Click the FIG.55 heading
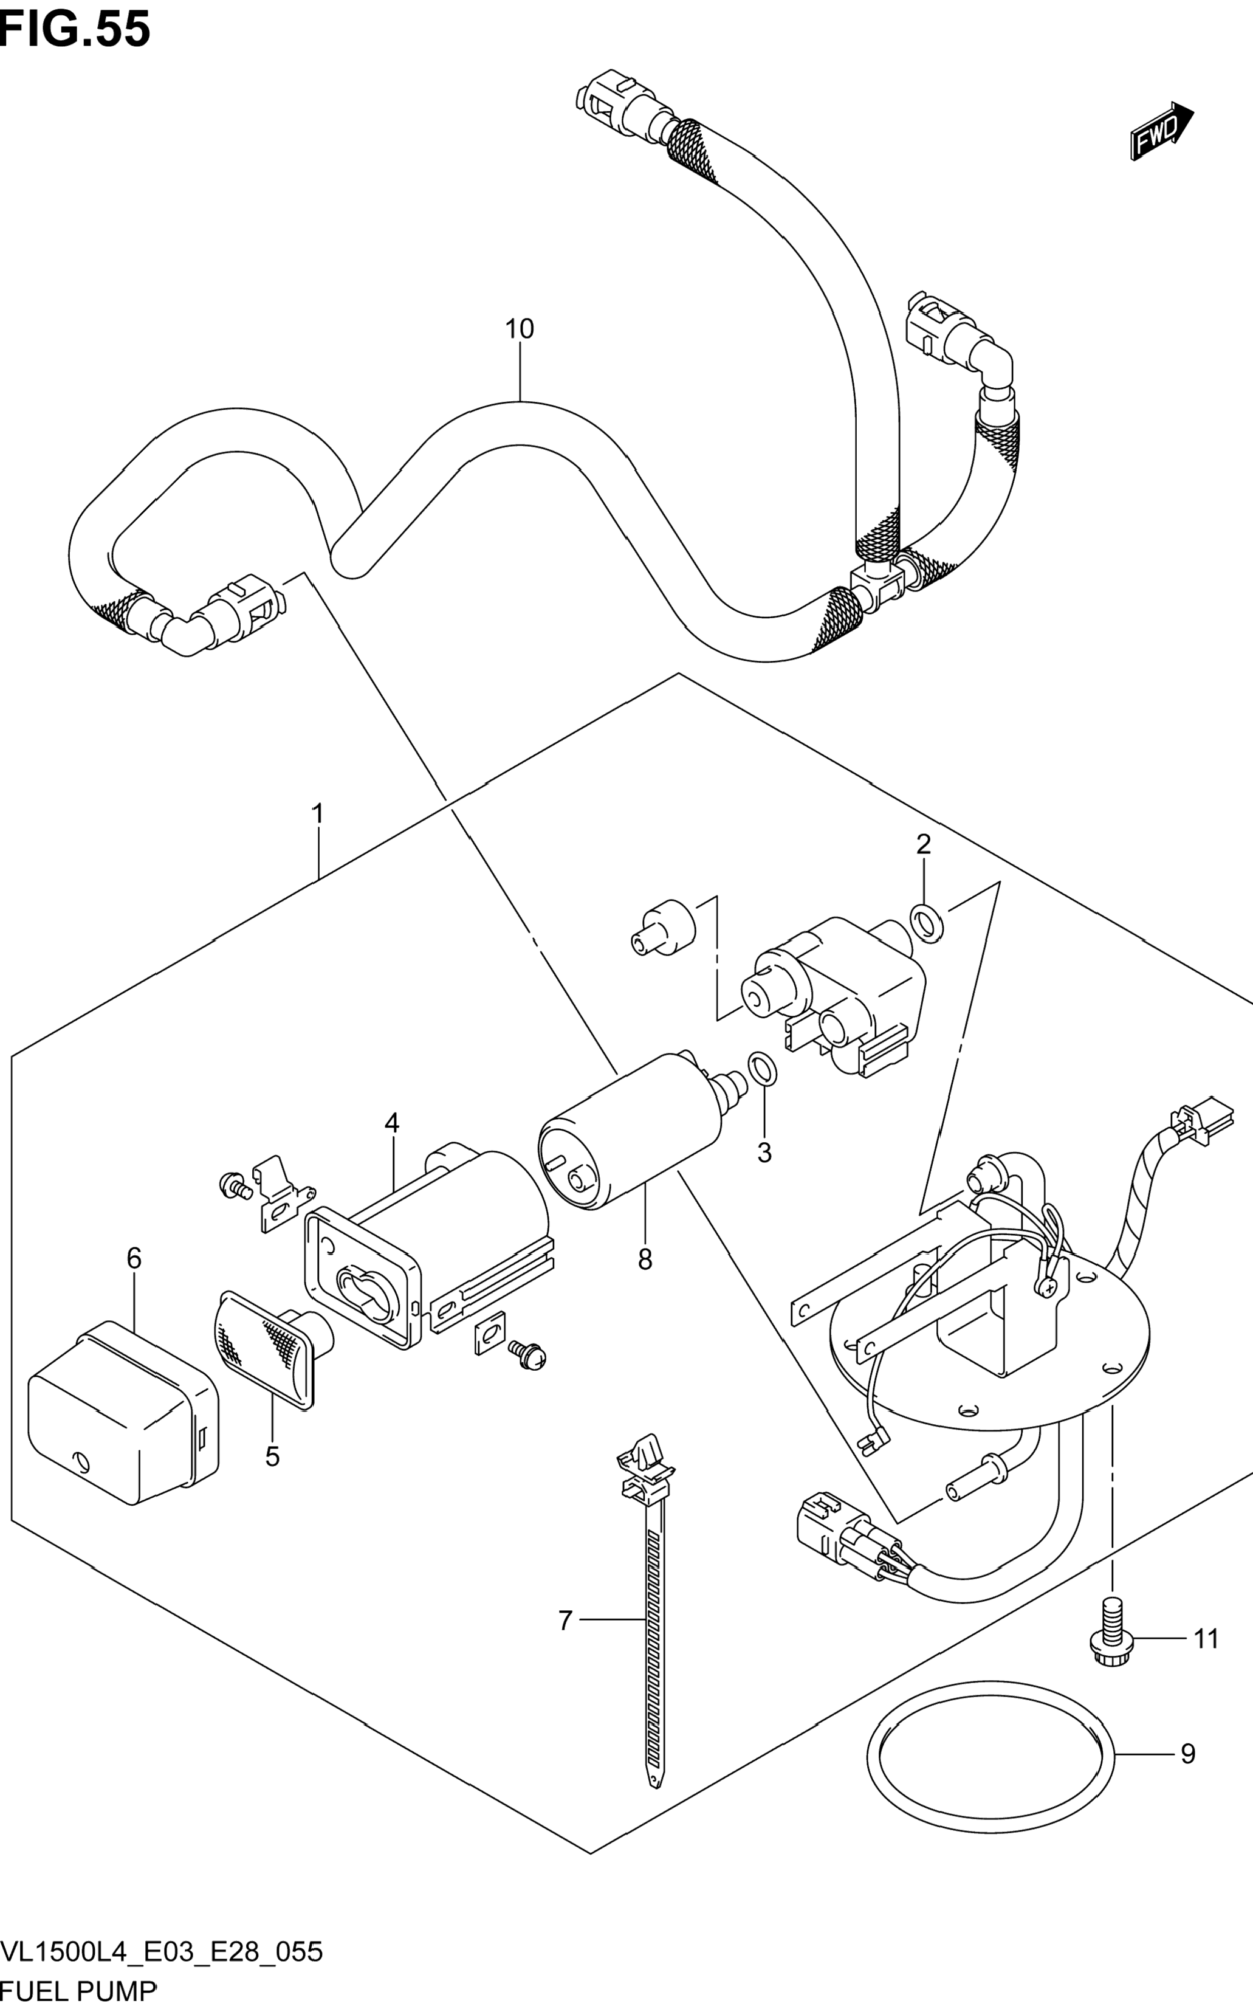pos(75,30)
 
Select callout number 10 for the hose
pos(520,329)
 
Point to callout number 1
pos(317,814)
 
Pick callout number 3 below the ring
pos(764,1152)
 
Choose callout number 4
pos(392,1123)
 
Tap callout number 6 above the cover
pos(134,1258)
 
